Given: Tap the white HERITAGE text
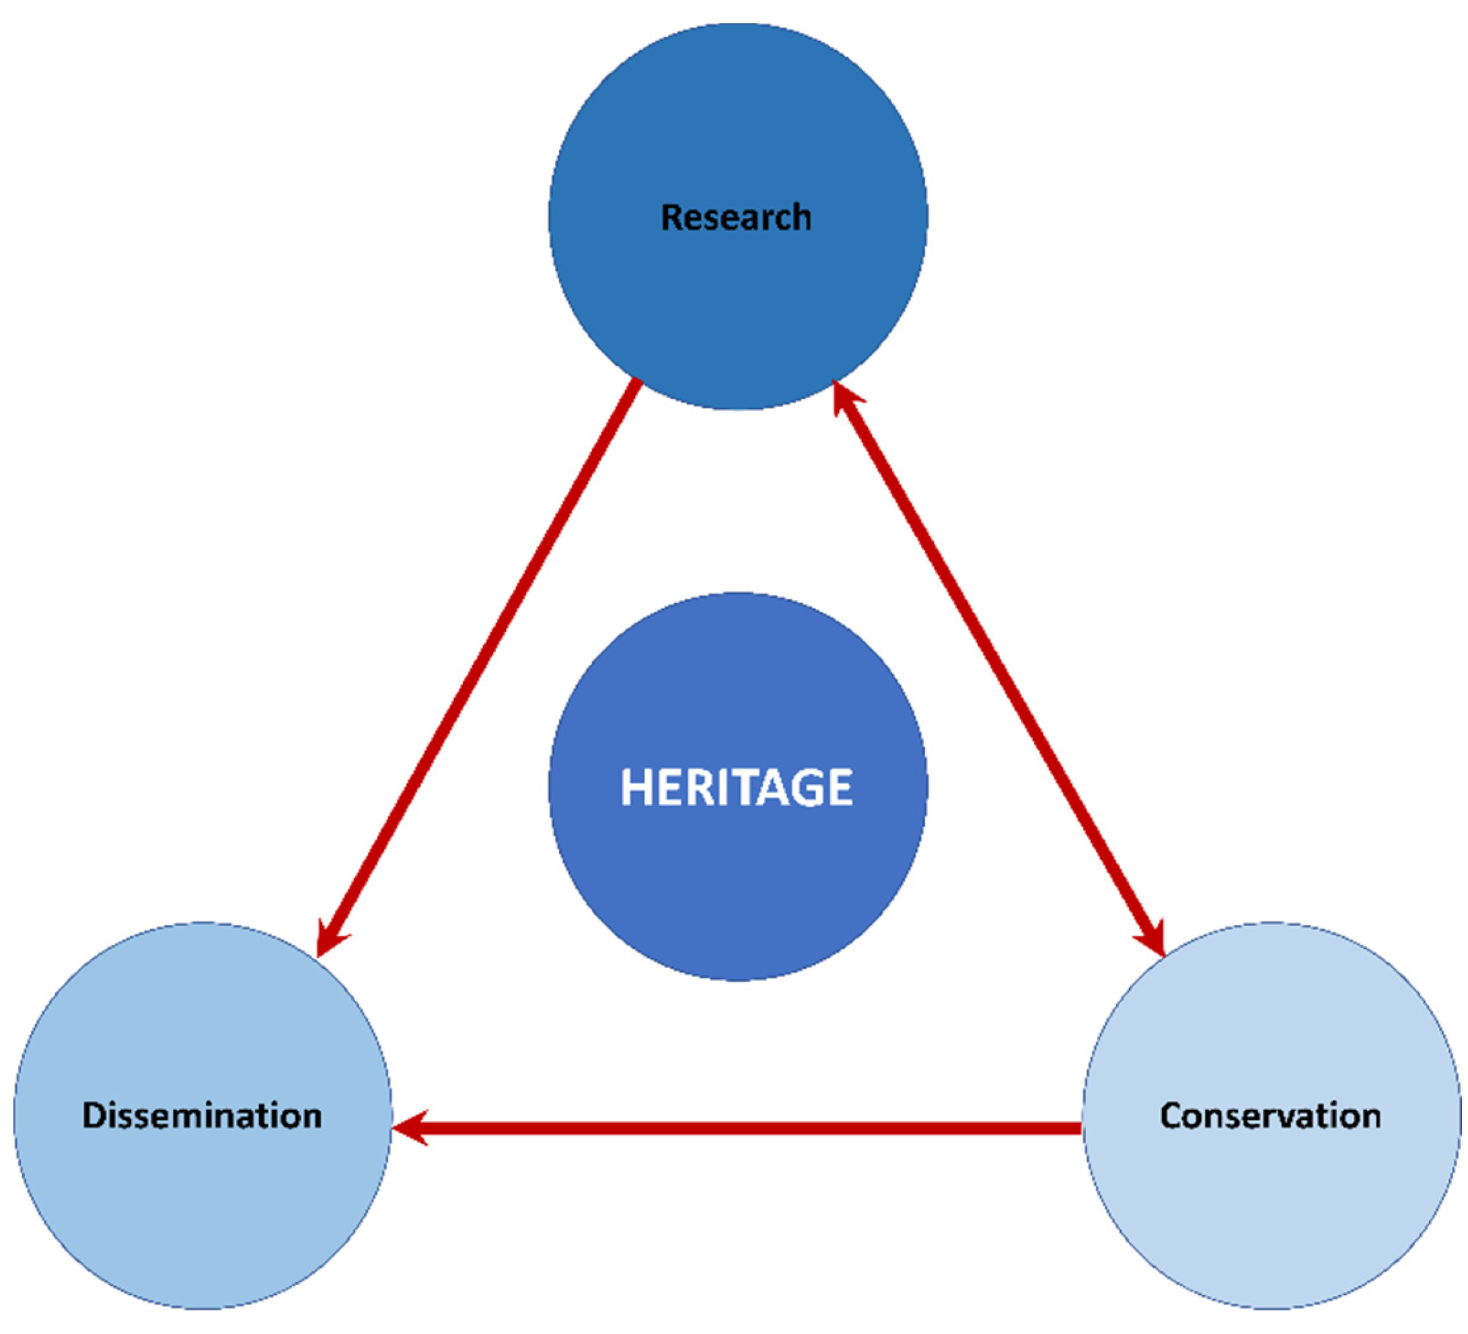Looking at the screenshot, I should pyautogui.click(x=736, y=787).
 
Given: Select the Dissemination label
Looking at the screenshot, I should pyautogui.click(x=203, y=1115).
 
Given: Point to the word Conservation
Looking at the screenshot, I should pyautogui.click(x=1270, y=1115).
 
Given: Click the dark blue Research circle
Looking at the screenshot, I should pyautogui.click(x=737, y=131).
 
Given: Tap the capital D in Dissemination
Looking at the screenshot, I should pyautogui.click(x=94, y=1115).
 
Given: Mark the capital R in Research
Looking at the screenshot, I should pyautogui.click(x=671, y=217).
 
